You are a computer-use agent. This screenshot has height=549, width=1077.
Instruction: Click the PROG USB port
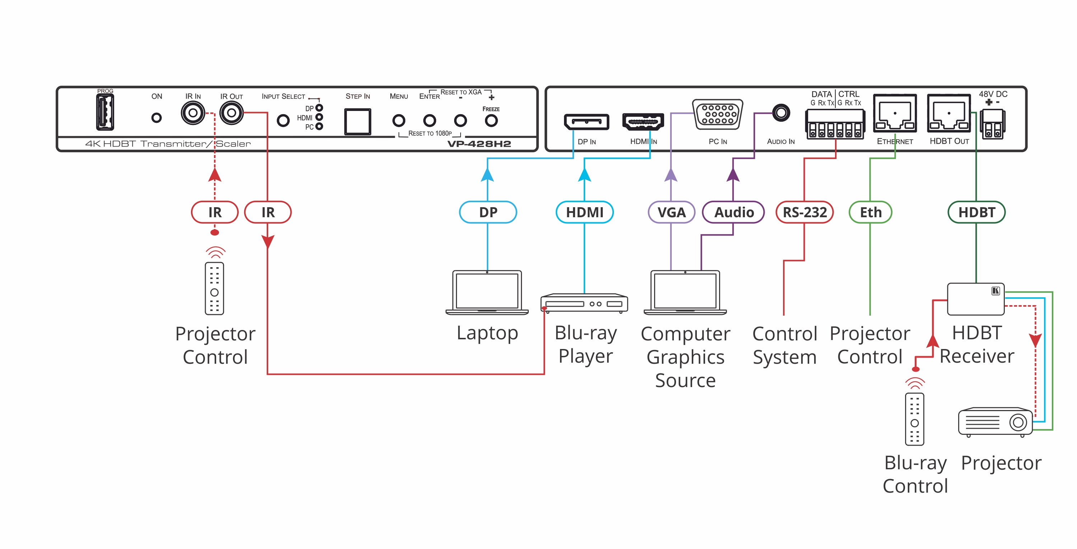tap(105, 112)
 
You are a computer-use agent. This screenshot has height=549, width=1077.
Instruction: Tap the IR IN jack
tap(193, 113)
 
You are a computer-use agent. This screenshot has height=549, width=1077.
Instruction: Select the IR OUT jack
tap(231, 113)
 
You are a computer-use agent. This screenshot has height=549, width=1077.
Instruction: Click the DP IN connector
tap(586, 122)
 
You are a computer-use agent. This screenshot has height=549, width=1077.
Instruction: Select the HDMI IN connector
tap(643, 122)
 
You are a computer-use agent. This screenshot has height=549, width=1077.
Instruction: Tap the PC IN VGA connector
tap(717, 114)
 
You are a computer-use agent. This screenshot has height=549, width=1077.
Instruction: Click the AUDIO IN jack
tap(780, 113)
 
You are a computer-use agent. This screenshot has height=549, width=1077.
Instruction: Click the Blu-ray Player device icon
tap(584, 303)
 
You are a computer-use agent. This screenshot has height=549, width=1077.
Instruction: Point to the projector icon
tap(995, 422)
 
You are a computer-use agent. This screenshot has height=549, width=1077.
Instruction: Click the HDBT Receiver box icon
tap(975, 299)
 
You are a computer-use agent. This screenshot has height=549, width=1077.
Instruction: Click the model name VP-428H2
tap(479, 144)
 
